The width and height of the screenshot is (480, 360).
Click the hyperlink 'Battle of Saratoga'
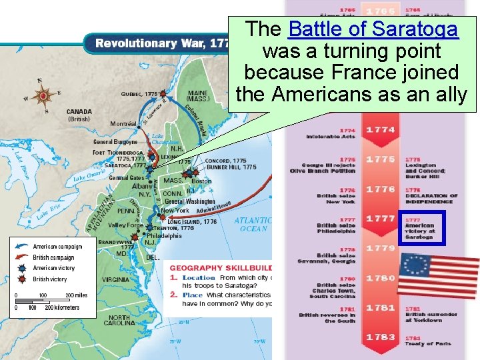tap(373, 30)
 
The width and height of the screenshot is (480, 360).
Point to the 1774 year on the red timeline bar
tap(380, 129)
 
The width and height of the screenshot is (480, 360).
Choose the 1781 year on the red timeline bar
tap(380, 308)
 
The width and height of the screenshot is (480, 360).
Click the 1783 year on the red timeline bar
tap(380, 337)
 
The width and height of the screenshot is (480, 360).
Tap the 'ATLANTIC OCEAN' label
tap(253, 224)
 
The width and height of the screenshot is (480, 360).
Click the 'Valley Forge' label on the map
tap(127, 225)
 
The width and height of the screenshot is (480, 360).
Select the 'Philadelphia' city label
tap(164, 235)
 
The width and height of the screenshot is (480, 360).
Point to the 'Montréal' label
tap(123, 124)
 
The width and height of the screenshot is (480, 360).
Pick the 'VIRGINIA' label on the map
tap(115, 280)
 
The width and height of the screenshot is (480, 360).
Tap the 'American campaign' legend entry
tap(57, 246)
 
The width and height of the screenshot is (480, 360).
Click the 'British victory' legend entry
tap(50, 279)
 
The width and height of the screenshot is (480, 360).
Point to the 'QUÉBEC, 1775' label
tap(139, 94)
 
